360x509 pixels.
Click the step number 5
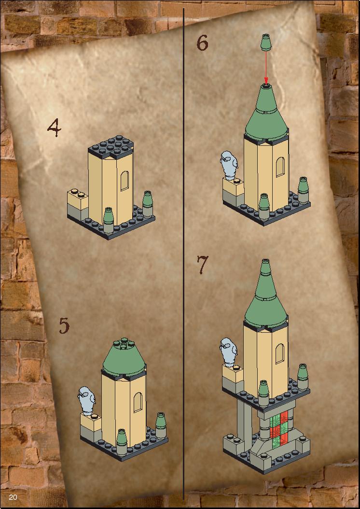tap(64, 325)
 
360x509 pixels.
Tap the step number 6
tap(202, 43)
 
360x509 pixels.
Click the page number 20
tap(13, 497)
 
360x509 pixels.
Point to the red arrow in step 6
tap(266, 67)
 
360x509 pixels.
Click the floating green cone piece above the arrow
tap(266, 42)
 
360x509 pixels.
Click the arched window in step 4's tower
tap(125, 181)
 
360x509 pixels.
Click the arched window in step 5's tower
tap(138, 402)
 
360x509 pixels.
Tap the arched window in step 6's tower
tap(280, 167)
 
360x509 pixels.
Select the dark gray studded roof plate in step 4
tap(111, 147)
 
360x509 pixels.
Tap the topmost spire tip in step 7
tap(265, 260)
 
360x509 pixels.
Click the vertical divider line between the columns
tap(183, 253)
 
